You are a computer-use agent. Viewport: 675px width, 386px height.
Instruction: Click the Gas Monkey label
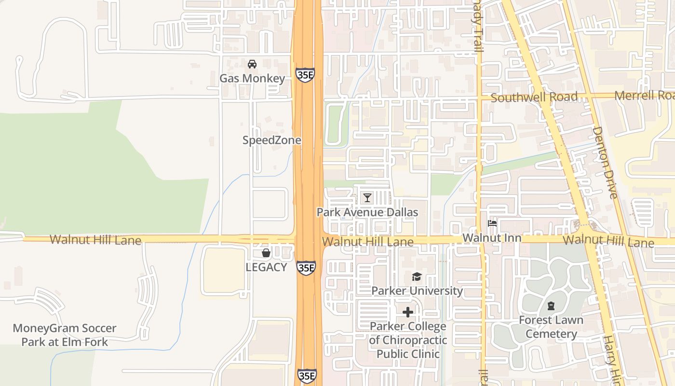252,78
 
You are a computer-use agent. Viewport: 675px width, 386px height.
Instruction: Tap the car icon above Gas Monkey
252,64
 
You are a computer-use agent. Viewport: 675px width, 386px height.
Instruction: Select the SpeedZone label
271,140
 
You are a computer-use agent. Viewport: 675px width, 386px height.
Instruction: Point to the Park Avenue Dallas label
367,212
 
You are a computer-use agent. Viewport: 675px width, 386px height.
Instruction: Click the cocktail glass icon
367,198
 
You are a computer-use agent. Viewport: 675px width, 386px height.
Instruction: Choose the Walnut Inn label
492,238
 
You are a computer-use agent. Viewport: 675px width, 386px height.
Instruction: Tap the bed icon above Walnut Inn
492,223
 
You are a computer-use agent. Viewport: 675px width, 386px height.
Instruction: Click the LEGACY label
266,267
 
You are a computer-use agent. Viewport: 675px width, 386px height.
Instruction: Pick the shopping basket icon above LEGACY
266,253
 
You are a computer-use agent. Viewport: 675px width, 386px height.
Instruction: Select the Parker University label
417,291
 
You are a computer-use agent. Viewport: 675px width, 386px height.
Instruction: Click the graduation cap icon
417,276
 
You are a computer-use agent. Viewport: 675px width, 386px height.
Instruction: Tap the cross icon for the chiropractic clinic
408,312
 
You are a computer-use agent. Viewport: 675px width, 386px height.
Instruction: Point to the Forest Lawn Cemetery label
551,327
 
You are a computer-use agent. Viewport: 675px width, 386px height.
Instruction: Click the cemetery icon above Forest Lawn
551,305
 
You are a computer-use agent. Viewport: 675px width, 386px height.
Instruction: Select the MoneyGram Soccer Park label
65,335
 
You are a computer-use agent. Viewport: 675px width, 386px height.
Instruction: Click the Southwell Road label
534,97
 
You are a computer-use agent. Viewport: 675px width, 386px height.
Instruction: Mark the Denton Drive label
605,163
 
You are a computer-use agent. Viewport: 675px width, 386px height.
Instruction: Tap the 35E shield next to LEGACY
306,268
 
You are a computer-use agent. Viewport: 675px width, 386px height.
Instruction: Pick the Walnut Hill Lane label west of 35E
95,240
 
